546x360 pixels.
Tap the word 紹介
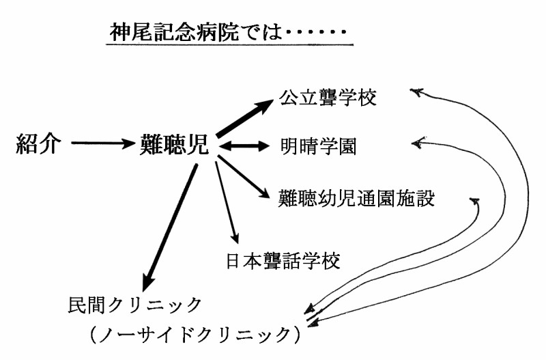coord(40,144)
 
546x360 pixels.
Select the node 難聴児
coord(173,144)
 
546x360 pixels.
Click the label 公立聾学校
coord(328,98)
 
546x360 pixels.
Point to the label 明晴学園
coord(318,146)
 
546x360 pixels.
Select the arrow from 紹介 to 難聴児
coord(102,144)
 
